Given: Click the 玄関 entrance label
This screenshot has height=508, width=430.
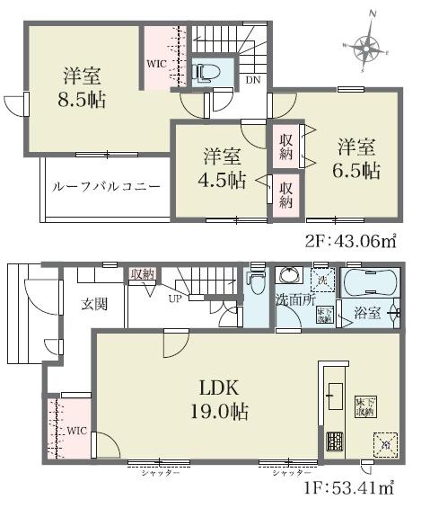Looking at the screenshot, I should (x=93, y=304).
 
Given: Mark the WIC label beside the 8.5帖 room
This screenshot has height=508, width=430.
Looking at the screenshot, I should (x=157, y=64).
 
